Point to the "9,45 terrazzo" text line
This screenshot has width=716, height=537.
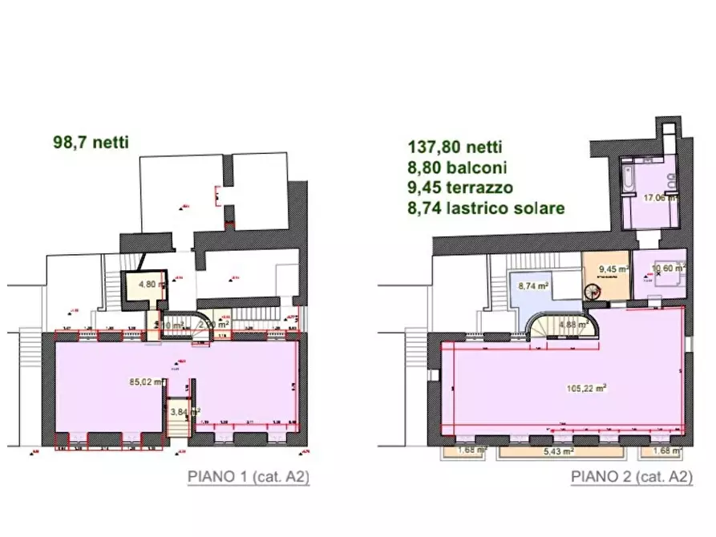pos(460,188)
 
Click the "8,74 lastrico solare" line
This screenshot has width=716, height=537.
pos(486,208)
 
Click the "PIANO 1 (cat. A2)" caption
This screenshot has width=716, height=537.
pos(249,477)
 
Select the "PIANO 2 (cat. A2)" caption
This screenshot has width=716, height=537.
pos(632,477)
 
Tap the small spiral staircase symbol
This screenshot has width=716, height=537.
pos(593,293)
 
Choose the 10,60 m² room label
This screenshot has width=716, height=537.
pos(667,269)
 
